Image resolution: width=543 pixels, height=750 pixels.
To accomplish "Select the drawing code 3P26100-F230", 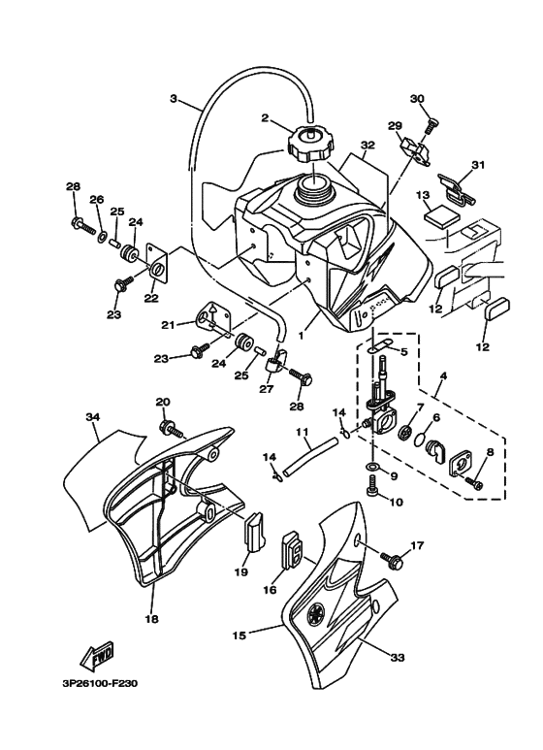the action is tap(100, 684).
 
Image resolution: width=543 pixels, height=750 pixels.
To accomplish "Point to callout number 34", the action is tap(92, 417).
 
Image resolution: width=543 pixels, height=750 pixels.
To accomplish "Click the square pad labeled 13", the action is tap(441, 216).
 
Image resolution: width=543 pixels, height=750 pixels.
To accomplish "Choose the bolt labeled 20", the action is tap(172, 428).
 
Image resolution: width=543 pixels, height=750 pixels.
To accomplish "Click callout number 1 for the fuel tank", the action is tap(302, 336).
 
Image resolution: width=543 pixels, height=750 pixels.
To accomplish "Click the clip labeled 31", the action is tap(456, 189).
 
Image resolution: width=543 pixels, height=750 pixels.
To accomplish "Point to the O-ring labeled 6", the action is tap(420, 439).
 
